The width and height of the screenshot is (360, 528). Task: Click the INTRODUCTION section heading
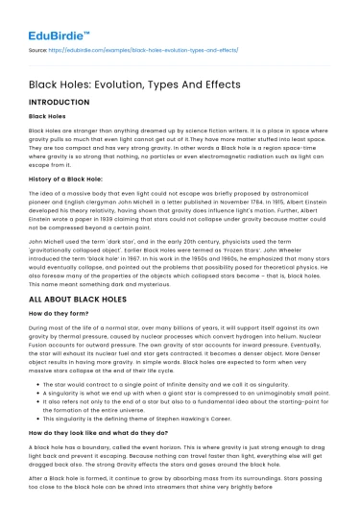point(60,99)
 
